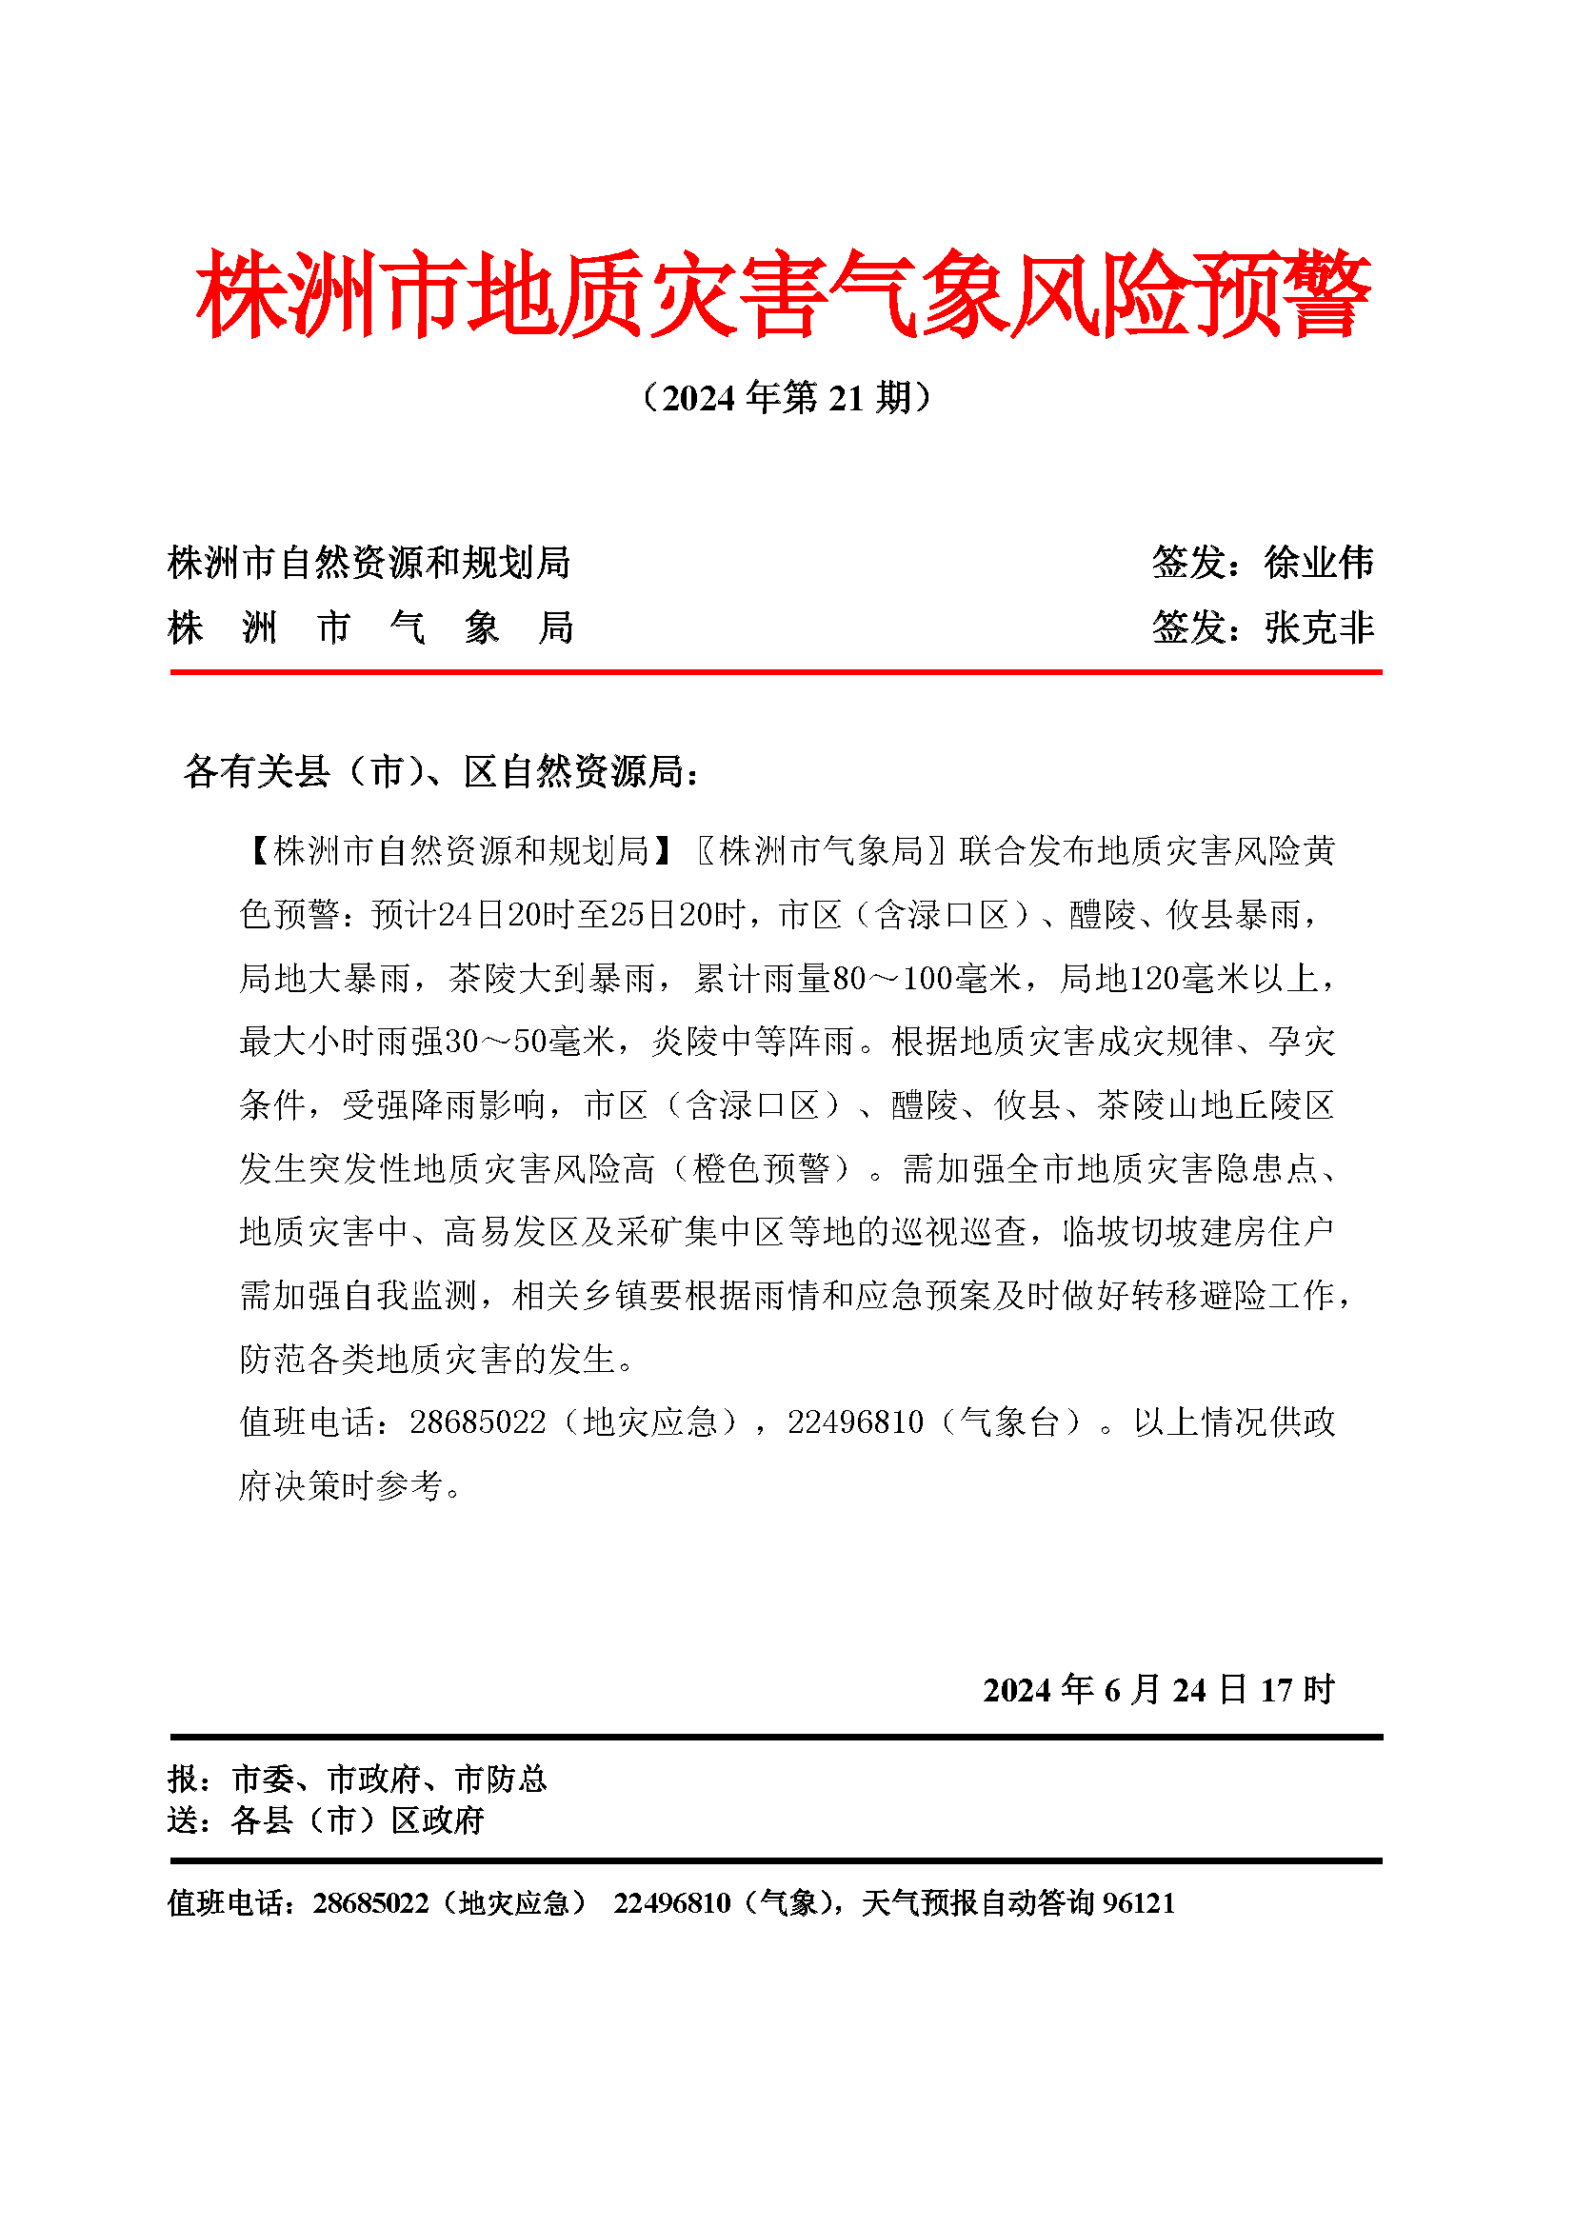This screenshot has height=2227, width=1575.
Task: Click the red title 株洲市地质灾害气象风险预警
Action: click(784, 294)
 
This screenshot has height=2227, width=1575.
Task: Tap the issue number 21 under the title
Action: click(846, 399)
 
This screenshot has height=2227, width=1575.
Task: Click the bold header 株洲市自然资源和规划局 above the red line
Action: click(369, 563)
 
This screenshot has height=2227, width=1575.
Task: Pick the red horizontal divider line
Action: click(776, 671)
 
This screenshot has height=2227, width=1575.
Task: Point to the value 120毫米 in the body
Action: click(1190, 978)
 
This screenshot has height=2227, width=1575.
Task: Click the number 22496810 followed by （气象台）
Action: click(855, 1422)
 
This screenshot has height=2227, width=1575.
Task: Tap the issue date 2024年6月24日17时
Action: click(1159, 1689)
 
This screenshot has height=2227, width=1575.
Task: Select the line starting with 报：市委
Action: click(357, 1779)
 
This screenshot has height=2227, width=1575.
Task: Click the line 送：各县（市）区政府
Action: click(326, 1819)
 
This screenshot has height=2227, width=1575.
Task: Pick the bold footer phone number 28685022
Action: click(370, 1902)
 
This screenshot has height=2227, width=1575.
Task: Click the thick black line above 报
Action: click(776, 1737)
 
